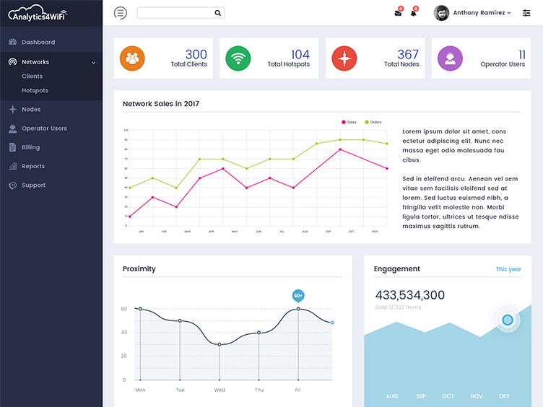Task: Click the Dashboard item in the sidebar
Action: [38, 42]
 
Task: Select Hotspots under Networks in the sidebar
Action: [35, 90]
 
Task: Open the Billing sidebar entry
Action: [30, 147]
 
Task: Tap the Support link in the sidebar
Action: [33, 185]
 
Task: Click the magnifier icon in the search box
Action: [217, 13]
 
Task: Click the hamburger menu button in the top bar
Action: [121, 12]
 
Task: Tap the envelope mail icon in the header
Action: [398, 13]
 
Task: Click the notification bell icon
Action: [414, 13]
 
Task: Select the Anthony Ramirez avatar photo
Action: [441, 13]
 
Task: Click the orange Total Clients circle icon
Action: [132, 58]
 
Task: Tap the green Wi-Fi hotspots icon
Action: [238, 58]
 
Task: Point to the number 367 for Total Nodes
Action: [407, 54]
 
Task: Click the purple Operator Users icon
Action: [450, 58]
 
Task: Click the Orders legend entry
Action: [373, 122]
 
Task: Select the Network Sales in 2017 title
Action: [161, 104]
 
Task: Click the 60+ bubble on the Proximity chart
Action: [298, 295]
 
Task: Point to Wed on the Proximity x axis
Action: [220, 390]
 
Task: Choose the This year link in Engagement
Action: [508, 269]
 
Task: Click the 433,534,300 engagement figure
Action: [409, 294]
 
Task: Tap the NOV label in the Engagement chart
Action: [477, 396]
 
